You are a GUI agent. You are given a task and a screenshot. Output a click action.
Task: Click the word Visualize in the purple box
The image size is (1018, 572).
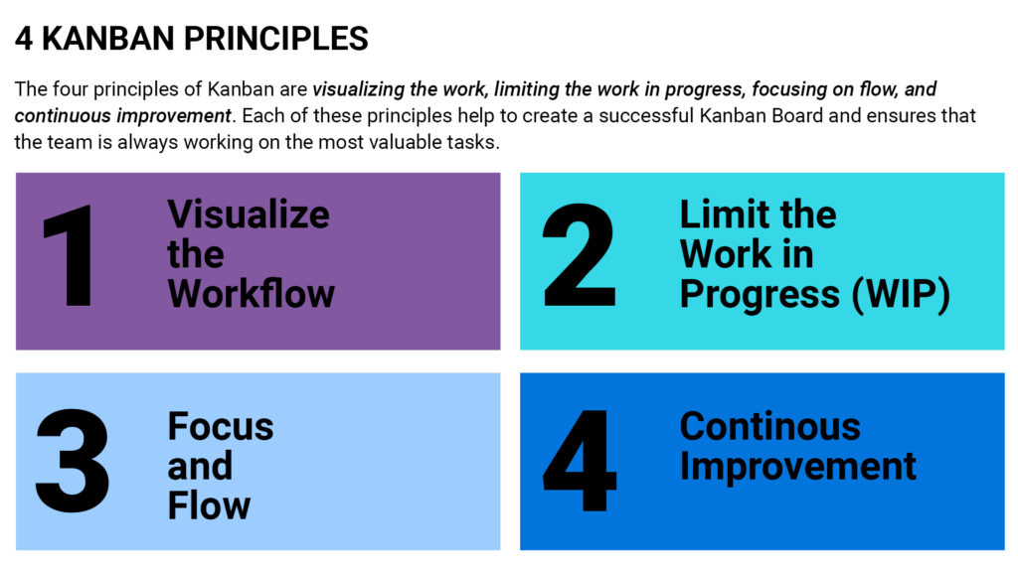248,214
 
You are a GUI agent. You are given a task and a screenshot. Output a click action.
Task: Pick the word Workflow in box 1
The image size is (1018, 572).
251,294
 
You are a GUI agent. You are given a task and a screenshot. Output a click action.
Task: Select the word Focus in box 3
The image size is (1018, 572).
220,426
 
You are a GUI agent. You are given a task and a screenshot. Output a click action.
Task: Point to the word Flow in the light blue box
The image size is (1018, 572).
209,505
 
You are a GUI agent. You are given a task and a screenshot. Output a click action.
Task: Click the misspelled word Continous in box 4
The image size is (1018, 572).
769,426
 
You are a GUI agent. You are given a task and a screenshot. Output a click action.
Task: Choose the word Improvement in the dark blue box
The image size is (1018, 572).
797,466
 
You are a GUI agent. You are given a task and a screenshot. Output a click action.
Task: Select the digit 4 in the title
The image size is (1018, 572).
24,39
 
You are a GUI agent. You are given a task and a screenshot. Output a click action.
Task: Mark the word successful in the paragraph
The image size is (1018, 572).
615,116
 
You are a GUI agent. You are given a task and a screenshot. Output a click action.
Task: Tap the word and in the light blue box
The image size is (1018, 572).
199,466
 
